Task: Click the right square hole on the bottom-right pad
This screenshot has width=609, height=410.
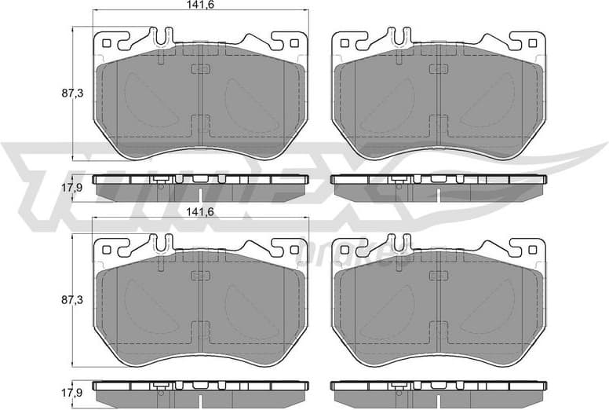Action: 534,251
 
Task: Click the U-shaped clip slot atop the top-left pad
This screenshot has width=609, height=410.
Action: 163,35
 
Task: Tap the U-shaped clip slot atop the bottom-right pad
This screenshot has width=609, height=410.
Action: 403,242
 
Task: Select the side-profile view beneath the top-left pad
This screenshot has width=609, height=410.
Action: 201,180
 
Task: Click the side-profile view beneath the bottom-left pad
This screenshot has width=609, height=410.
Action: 201,386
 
